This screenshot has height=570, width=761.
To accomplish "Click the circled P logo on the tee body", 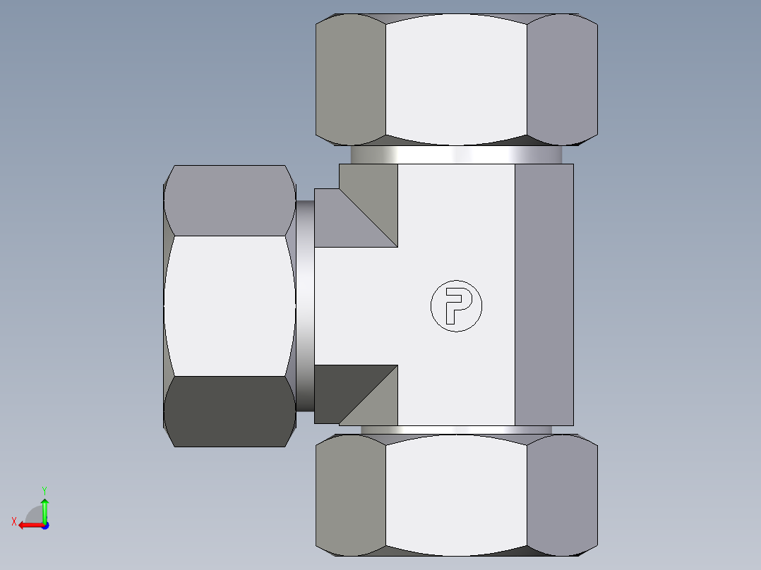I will pos(456,305).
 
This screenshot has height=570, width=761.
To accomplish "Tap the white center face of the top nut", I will pos(456,76).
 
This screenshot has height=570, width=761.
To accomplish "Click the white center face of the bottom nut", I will pos(456,492).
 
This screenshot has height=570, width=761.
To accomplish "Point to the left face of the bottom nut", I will pos(351,492).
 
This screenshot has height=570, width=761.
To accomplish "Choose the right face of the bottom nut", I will pos(562,492).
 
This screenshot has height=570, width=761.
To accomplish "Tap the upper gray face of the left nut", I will pos(229,201).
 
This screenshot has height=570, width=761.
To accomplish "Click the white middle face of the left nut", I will pos(229,305).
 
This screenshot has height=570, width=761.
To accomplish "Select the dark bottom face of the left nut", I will pos(229,411).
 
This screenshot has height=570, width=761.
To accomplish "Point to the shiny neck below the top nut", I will pos(456,155).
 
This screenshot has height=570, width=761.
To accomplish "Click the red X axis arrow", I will pos(28,525).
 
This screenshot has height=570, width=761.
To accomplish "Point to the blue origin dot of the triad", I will pos(44,525).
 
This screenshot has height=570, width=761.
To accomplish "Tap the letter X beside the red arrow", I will pos(14,521).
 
